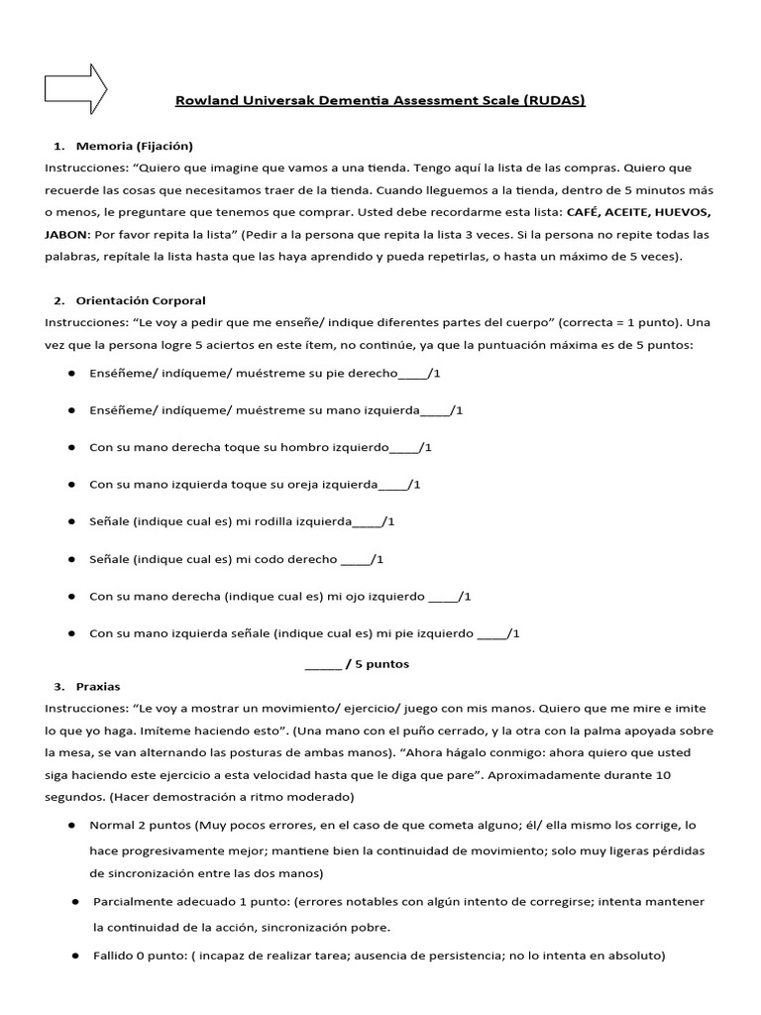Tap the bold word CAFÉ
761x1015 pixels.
581,212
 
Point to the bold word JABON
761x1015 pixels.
65,234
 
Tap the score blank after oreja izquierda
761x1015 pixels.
394,484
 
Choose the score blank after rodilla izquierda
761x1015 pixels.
368,520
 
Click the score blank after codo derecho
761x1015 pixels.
357,559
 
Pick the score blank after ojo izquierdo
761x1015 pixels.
444,596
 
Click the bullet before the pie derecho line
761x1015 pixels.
73,374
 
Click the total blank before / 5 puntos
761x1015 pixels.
322,664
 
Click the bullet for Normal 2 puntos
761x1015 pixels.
73,825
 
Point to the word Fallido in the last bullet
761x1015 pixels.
113,957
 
